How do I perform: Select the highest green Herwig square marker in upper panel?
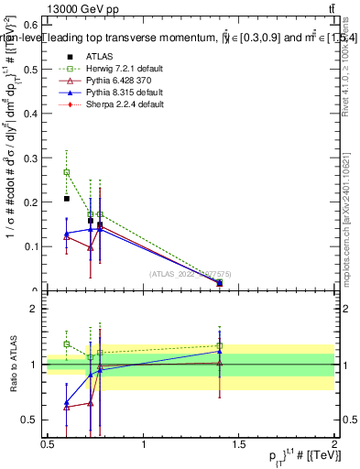point(66,172)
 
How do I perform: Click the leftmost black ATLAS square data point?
point(66,199)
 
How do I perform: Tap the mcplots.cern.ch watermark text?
point(347,229)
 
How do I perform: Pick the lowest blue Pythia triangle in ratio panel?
point(66,403)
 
